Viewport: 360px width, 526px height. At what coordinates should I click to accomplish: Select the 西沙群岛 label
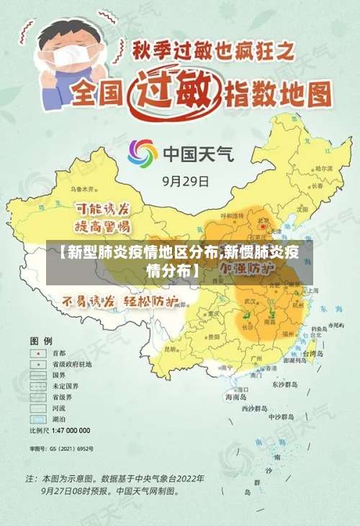254,409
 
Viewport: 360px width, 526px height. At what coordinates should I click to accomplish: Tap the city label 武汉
251,301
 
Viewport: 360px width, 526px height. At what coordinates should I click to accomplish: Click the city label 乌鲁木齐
82,189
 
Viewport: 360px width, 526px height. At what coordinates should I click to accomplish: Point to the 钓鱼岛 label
318,329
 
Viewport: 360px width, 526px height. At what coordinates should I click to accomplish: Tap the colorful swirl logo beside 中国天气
143,153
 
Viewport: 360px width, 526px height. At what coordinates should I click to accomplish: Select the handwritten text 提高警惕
103,227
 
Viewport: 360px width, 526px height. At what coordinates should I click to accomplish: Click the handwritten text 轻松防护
151,301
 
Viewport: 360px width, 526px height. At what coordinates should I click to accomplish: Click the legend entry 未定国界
64,386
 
